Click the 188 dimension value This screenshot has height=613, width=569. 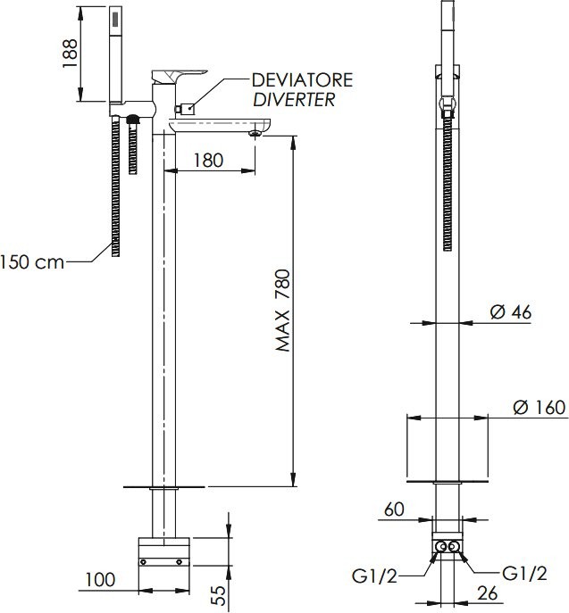tap(70, 54)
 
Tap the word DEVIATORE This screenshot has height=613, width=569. tap(302, 80)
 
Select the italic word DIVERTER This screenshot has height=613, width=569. tap(294, 100)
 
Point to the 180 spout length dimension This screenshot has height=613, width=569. tap(209, 161)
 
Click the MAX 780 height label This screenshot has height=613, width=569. tap(283, 311)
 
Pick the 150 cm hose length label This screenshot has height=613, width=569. tap(31, 262)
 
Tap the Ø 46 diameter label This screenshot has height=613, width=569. tap(511, 312)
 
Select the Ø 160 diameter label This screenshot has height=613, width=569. tap(540, 408)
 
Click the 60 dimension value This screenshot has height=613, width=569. tap(394, 509)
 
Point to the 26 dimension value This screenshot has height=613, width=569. tap(487, 593)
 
